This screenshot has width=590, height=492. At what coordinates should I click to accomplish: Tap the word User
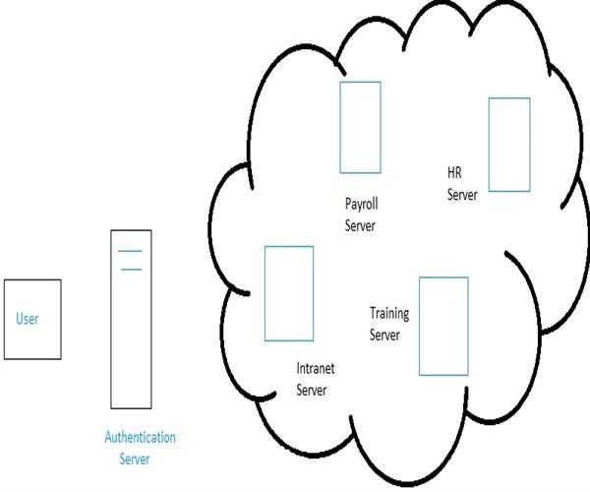(27, 319)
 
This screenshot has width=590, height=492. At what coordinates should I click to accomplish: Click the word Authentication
(140, 437)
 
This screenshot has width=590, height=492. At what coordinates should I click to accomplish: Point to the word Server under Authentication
(136, 458)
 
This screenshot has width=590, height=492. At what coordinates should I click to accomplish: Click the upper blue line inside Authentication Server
(130, 253)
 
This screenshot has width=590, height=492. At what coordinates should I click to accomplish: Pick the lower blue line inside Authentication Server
(130, 269)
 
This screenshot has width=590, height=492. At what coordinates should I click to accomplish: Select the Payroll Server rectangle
(359, 126)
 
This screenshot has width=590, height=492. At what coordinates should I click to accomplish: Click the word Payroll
(361, 205)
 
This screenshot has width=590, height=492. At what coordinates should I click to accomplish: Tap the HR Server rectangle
(509, 144)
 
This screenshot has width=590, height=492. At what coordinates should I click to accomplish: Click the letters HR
(454, 175)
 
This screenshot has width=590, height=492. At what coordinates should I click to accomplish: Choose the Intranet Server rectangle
(289, 293)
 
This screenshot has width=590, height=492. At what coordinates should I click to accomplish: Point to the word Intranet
(316, 371)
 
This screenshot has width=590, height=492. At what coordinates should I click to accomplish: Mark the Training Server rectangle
(442, 325)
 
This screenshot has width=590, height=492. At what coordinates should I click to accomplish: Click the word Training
(389, 314)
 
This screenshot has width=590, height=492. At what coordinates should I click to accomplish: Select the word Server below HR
(462, 195)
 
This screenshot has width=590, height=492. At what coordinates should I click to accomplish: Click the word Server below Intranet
(312, 391)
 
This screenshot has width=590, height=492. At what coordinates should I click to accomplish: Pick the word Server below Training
(385, 335)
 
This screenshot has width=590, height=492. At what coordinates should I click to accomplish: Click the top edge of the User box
(32, 280)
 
